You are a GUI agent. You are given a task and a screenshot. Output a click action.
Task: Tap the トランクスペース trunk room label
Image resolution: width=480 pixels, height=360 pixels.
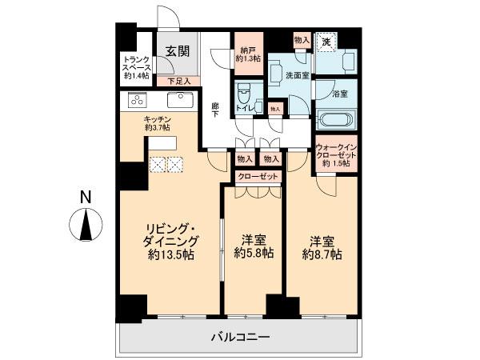(x=134, y=68)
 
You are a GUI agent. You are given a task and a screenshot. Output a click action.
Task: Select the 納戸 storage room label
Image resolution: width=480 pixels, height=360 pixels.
(x=247, y=54)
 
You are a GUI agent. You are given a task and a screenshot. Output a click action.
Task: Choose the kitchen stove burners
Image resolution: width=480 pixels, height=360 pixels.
(x=136, y=102)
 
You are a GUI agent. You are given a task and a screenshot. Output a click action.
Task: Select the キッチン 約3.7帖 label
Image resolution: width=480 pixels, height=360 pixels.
(x=157, y=121)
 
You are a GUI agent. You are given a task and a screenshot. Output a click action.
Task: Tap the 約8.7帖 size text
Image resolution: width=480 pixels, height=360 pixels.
(x=322, y=254)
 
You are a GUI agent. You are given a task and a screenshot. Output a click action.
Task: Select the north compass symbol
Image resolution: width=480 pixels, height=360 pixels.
(x=86, y=225)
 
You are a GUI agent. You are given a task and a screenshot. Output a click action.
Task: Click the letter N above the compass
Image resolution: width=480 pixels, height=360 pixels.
(x=86, y=197)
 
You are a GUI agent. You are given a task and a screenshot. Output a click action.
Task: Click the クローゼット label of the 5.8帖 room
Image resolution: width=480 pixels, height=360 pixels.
(x=258, y=177)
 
